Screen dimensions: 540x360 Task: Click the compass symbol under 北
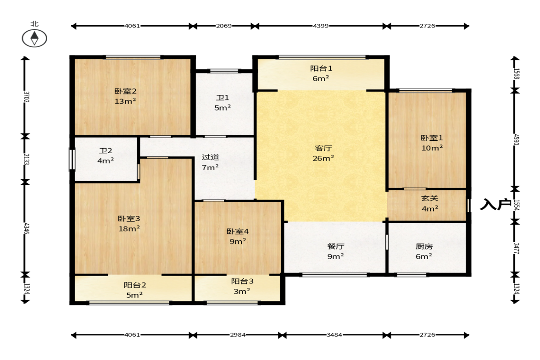click(x=34, y=38)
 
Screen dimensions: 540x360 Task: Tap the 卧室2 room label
click(x=125, y=91)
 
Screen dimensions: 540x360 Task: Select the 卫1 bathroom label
click(x=223, y=98)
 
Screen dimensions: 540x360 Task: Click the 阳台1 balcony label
click(x=321, y=68)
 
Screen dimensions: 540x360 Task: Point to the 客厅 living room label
click(x=323, y=148)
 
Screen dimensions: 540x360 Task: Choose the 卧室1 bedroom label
click(x=432, y=138)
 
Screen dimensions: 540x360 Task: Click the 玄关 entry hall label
click(x=430, y=199)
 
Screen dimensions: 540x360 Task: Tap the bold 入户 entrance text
click(x=495, y=205)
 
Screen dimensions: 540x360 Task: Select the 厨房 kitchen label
click(x=424, y=246)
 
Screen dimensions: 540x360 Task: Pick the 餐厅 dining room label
click(x=335, y=246)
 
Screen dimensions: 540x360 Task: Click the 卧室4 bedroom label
click(x=238, y=232)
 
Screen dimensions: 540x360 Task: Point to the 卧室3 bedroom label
click(x=129, y=219)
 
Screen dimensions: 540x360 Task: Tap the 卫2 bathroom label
click(x=106, y=151)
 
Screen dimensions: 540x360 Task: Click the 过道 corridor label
click(x=211, y=157)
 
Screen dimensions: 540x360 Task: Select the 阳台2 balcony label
click(x=134, y=285)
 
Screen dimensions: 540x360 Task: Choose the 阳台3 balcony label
click(x=242, y=281)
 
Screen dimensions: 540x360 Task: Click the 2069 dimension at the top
click(x=224, y=26)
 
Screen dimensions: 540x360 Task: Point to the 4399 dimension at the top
click(x=321, y=26)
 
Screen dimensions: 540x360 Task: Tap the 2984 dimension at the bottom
click(x=238, y=334)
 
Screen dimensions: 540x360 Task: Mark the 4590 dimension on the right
click(x=516, y=140)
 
